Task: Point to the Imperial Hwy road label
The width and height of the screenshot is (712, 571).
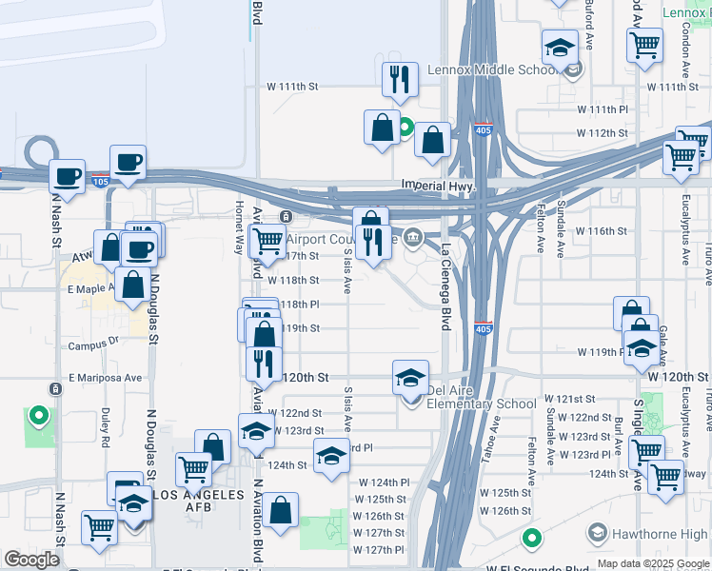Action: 438,184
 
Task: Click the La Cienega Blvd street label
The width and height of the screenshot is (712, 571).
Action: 445,285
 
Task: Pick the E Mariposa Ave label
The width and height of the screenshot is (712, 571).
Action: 105,377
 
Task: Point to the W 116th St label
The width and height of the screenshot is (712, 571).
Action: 602,231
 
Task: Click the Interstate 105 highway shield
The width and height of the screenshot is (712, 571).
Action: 100,181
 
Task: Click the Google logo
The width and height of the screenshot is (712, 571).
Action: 31,560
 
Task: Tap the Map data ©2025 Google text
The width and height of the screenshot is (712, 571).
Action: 652,563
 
